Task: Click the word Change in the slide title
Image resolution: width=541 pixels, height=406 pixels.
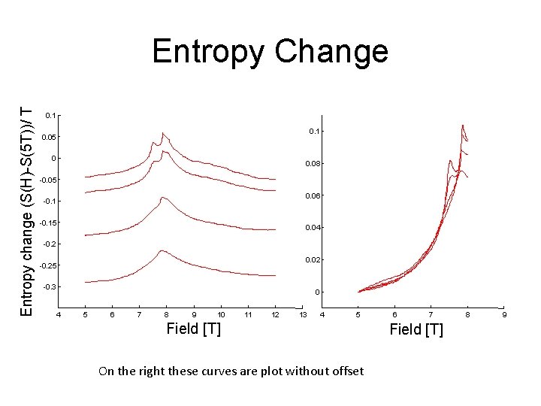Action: click(x=331, y=51)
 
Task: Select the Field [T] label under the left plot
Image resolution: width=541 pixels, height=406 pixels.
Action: click(x=193, y=329)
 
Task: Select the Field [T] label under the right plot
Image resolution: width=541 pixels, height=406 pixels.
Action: click(x=416, y=329)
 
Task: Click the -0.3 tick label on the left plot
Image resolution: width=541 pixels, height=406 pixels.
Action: click(x=49, y=287)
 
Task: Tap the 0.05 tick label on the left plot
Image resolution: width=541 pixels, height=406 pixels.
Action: click(x=50, y=137)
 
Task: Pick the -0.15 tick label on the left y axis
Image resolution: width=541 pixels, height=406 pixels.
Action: click(x=47, y=223)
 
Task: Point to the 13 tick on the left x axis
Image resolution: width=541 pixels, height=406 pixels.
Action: click(x=302, y=314)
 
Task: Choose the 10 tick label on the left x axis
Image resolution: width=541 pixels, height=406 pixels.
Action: click(x=221, y=314)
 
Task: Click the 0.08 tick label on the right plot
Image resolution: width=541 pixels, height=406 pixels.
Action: click(x=313, y=163)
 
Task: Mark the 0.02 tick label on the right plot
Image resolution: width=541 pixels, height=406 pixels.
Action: click(x=313, y=259)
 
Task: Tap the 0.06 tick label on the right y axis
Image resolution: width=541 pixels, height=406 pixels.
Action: click(x=313, y=195)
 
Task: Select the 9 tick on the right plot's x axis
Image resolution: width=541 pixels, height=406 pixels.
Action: click(x=504, y=314)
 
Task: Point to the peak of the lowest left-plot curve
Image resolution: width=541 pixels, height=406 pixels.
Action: click(x=162, y=250)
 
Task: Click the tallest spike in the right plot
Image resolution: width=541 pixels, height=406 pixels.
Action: click(x=462, y=125)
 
